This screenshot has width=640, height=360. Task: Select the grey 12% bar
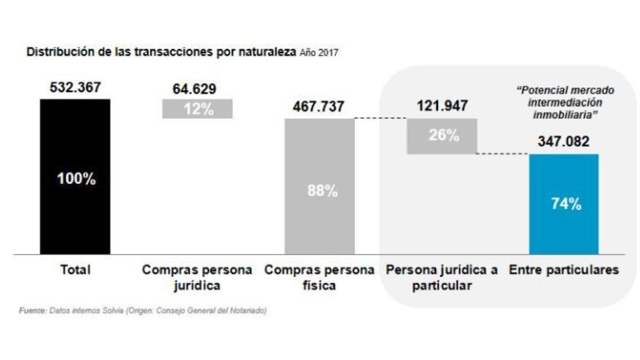click(x=197, y=109)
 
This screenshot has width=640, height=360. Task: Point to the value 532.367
click(x=75, y=87)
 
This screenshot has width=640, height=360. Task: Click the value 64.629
click(x=198, y=88)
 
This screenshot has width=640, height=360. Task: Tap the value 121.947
click(x=442, y=106)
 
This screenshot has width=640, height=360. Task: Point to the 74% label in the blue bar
click(x=566, y=204)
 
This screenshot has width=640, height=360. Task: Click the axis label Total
click(x=75, y=270)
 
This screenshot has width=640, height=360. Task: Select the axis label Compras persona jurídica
click(x=197, y=277)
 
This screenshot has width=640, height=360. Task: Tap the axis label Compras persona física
click(x=319, y=277)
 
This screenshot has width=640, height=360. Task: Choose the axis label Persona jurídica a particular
click(x=442, y=277)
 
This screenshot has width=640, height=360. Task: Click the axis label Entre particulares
click(x=564, y=270)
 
